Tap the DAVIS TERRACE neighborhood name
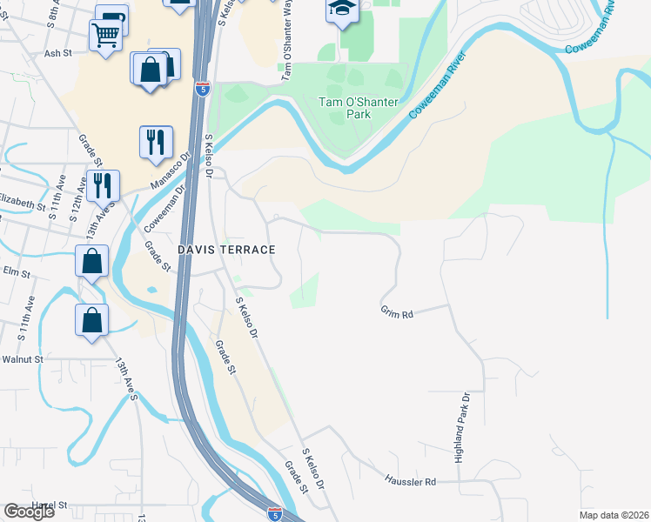pyautogui.click(x=226, y=250)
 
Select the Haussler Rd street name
pyautogui.click(x=410, y=480)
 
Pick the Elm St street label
pyautogui.click(x=15, y=273)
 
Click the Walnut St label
pyautogui.click(x=22, y=358)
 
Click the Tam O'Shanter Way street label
pyautogui.click(x=285, y=52)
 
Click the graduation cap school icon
pyautogui.click(x=341, y=10)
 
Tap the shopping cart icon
pyautogui.click(x=105, y=35)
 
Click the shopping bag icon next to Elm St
pyautogui.click(x=91, y=260)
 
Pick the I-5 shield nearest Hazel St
pyautogui.click(x=274, y=513)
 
